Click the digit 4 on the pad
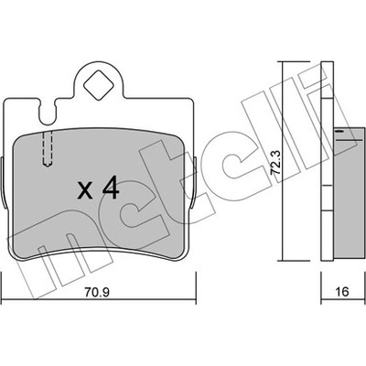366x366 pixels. coord(111,188)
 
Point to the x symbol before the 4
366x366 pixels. coord(84,190)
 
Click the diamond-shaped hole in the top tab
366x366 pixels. coord(99,85)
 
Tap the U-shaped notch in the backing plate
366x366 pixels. coord(48,113)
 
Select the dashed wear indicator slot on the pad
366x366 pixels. coord(48,149)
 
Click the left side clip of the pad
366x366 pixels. coord(3,183)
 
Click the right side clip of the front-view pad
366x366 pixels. coord(195,183)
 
